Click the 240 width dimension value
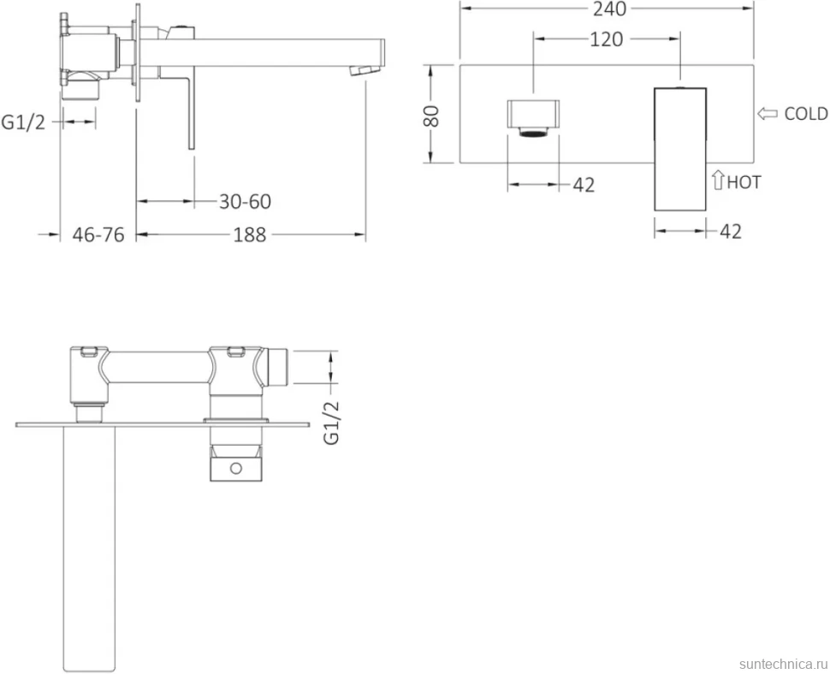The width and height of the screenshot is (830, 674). click(610, 9)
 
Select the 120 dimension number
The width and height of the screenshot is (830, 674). click(606, 39)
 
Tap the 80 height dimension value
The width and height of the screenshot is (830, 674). click(431, 115)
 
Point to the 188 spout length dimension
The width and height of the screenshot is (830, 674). click(250, 234)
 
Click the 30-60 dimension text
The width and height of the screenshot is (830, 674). click(245, 202)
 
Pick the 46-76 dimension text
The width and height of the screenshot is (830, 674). click(98, 234)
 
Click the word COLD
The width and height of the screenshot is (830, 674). click(806, 114)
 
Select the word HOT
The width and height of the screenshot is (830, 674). click(744, 182)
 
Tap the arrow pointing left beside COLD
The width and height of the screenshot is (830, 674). click(767, 113)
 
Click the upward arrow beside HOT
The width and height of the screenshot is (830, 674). click(718, 180)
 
